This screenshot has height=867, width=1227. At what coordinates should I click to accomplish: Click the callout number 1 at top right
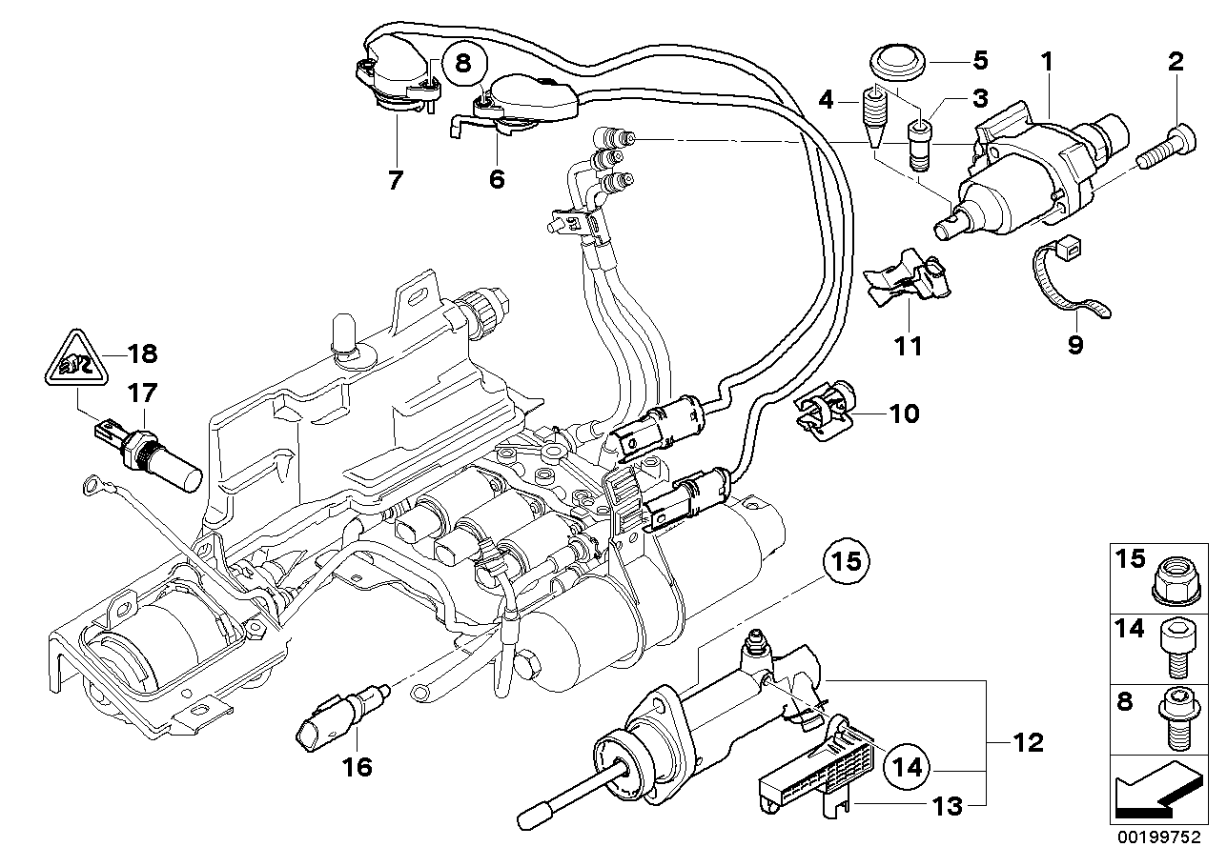[1046, 63]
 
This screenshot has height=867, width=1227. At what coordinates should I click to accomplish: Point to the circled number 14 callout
[908, 763]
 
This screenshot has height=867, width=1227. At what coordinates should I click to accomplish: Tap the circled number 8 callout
[463, 64]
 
